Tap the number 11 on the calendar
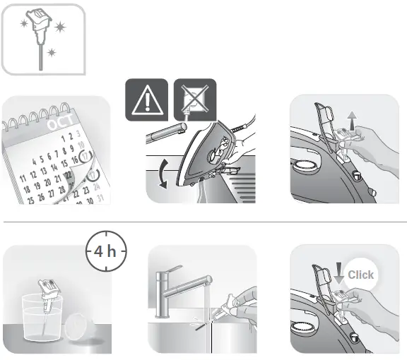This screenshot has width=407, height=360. [23, 176]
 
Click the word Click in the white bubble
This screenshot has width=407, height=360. [361, 275]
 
